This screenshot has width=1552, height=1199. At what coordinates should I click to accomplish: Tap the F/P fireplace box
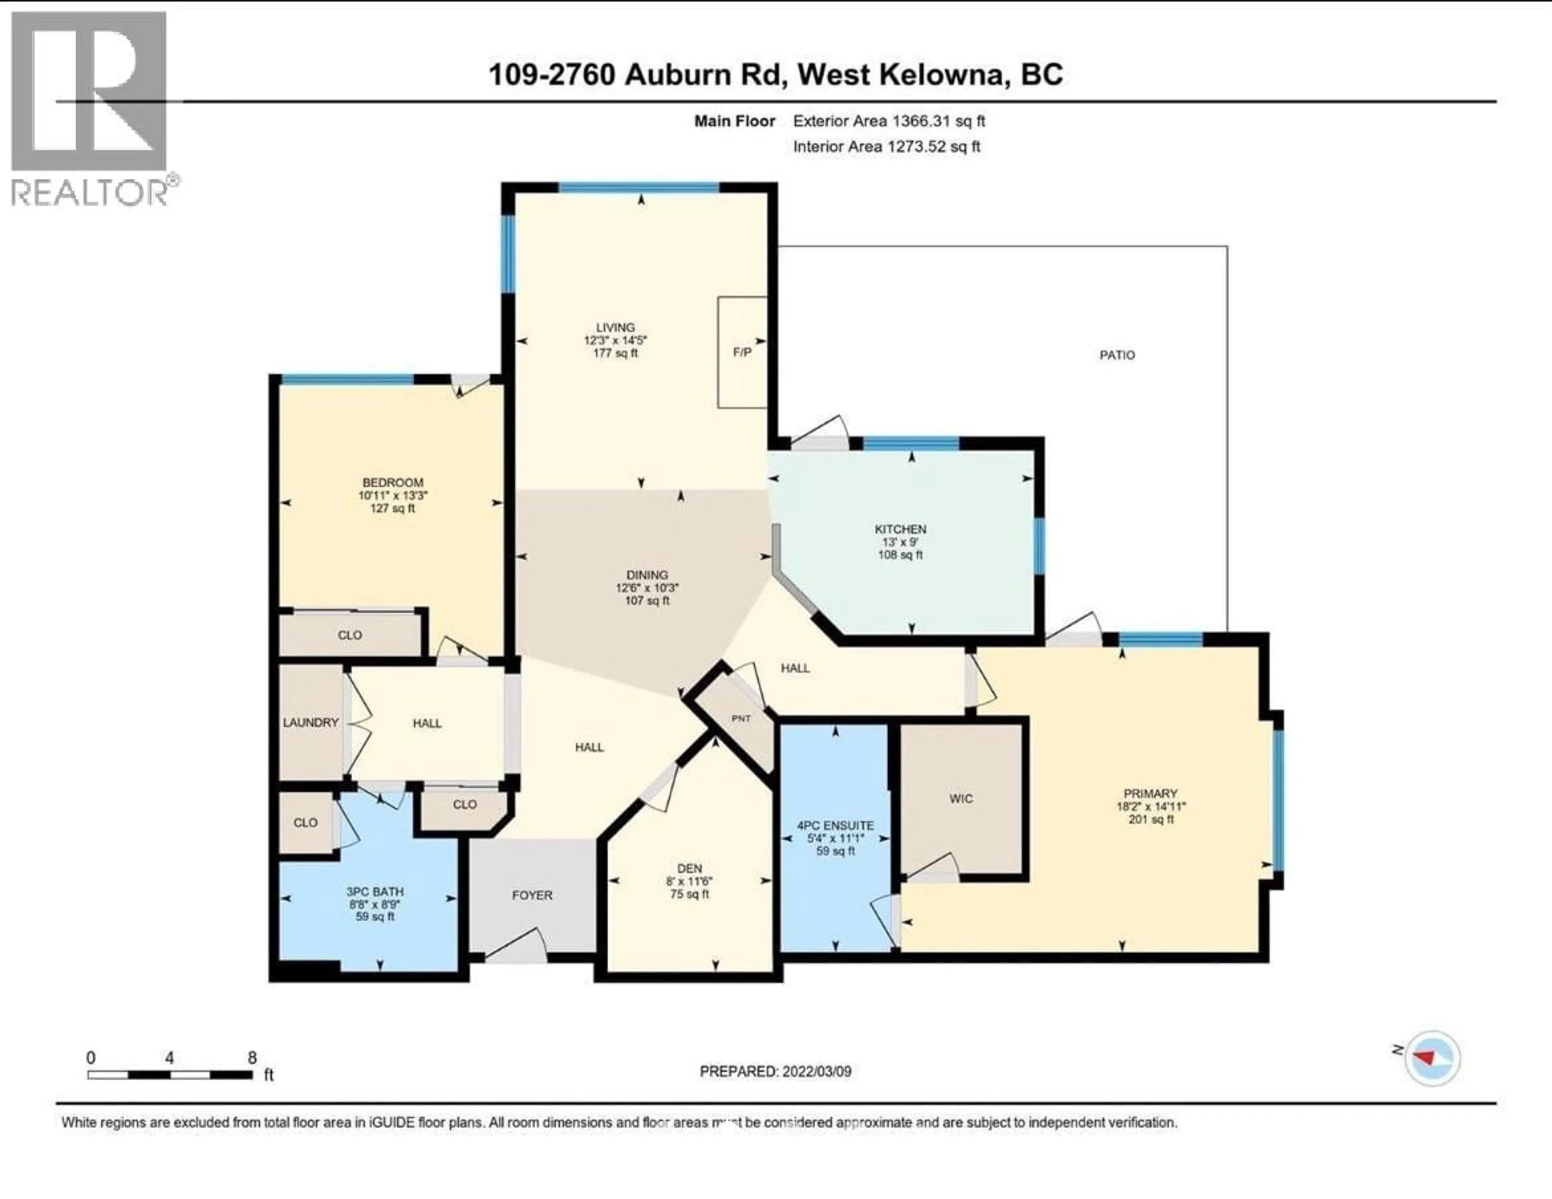[742, 352]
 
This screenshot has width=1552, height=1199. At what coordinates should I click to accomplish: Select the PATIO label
[1117, 355]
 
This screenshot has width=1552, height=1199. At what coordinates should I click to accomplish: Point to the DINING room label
[647, 574]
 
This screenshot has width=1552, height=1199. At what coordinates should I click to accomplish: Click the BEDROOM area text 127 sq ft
[392, 508]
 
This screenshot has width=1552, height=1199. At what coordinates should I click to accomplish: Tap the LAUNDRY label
[310, 722]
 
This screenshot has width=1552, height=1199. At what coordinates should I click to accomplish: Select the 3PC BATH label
[375, 891]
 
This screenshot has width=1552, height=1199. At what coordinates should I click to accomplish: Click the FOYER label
[531, 895]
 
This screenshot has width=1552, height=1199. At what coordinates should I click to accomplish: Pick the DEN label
[689, 868]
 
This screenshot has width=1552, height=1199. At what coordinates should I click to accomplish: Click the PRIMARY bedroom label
[1151, 793]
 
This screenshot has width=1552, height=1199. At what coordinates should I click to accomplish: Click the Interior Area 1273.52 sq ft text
[886, 146]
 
